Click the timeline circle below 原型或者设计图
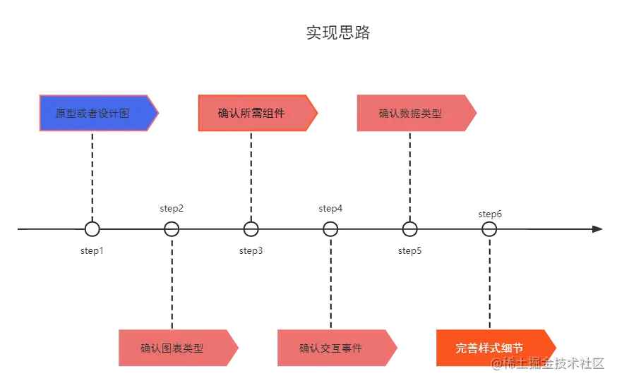92,229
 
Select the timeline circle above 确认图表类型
172,229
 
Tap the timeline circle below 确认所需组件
251,229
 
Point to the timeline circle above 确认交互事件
330,229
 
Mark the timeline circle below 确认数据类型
409,229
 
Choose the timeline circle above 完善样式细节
489,229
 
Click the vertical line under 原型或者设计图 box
92,176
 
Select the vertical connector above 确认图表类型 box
172,282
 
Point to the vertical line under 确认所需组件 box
251,176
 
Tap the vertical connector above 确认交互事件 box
330,282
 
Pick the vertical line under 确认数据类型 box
409,176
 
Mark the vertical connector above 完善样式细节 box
489,282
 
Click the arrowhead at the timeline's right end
596,229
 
